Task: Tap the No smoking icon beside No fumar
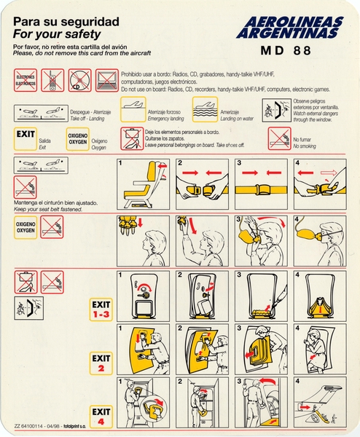pyautogui.click(x=279, y=136)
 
